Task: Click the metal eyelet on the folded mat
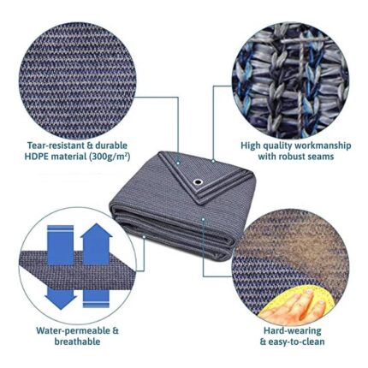(x=197, y=181)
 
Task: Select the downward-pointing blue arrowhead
(x=60, y=302)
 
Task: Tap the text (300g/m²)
(x=110, y=157)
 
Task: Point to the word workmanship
(x=323, y=145)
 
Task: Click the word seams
(x=323, y=157)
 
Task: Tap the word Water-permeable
(x=73, y=331)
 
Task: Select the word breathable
(x=77, y=341)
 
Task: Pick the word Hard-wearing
(x=292, y=331)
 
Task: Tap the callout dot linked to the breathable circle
(x=145, y=236)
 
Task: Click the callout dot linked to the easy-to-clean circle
(x=203, y=219)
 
